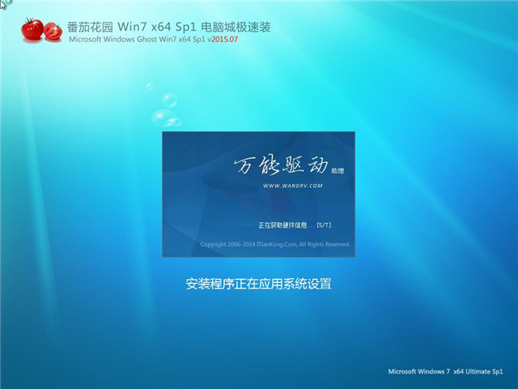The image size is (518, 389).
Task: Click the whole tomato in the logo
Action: (x=32, y=29)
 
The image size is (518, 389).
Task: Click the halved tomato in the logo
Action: (x=53, y=32)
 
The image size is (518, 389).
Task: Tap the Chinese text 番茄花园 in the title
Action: (x=90, y=27)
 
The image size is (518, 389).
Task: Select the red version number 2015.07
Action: (x=225, y=40)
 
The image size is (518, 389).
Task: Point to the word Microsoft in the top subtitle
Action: (x=85, y=40)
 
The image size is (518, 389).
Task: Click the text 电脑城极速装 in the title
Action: (x=236, y=27)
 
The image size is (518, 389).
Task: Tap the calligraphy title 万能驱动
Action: (x=282, y=165)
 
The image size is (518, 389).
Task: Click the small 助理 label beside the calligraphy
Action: (x=338, y=171)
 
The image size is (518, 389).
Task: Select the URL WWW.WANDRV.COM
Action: (x=293, y=186)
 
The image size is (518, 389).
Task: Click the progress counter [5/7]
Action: (x=324, y=225)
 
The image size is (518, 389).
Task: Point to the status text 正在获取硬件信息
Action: (x=282, y=225)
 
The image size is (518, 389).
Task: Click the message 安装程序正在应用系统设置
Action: (x=258, y=284)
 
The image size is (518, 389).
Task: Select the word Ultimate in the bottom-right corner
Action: (x=478, y=371)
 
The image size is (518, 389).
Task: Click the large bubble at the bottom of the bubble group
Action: (x=166, y=118)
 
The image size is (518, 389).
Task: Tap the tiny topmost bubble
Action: (x=150, y=87)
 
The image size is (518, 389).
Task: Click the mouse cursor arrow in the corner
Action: (x=2, y=4)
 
